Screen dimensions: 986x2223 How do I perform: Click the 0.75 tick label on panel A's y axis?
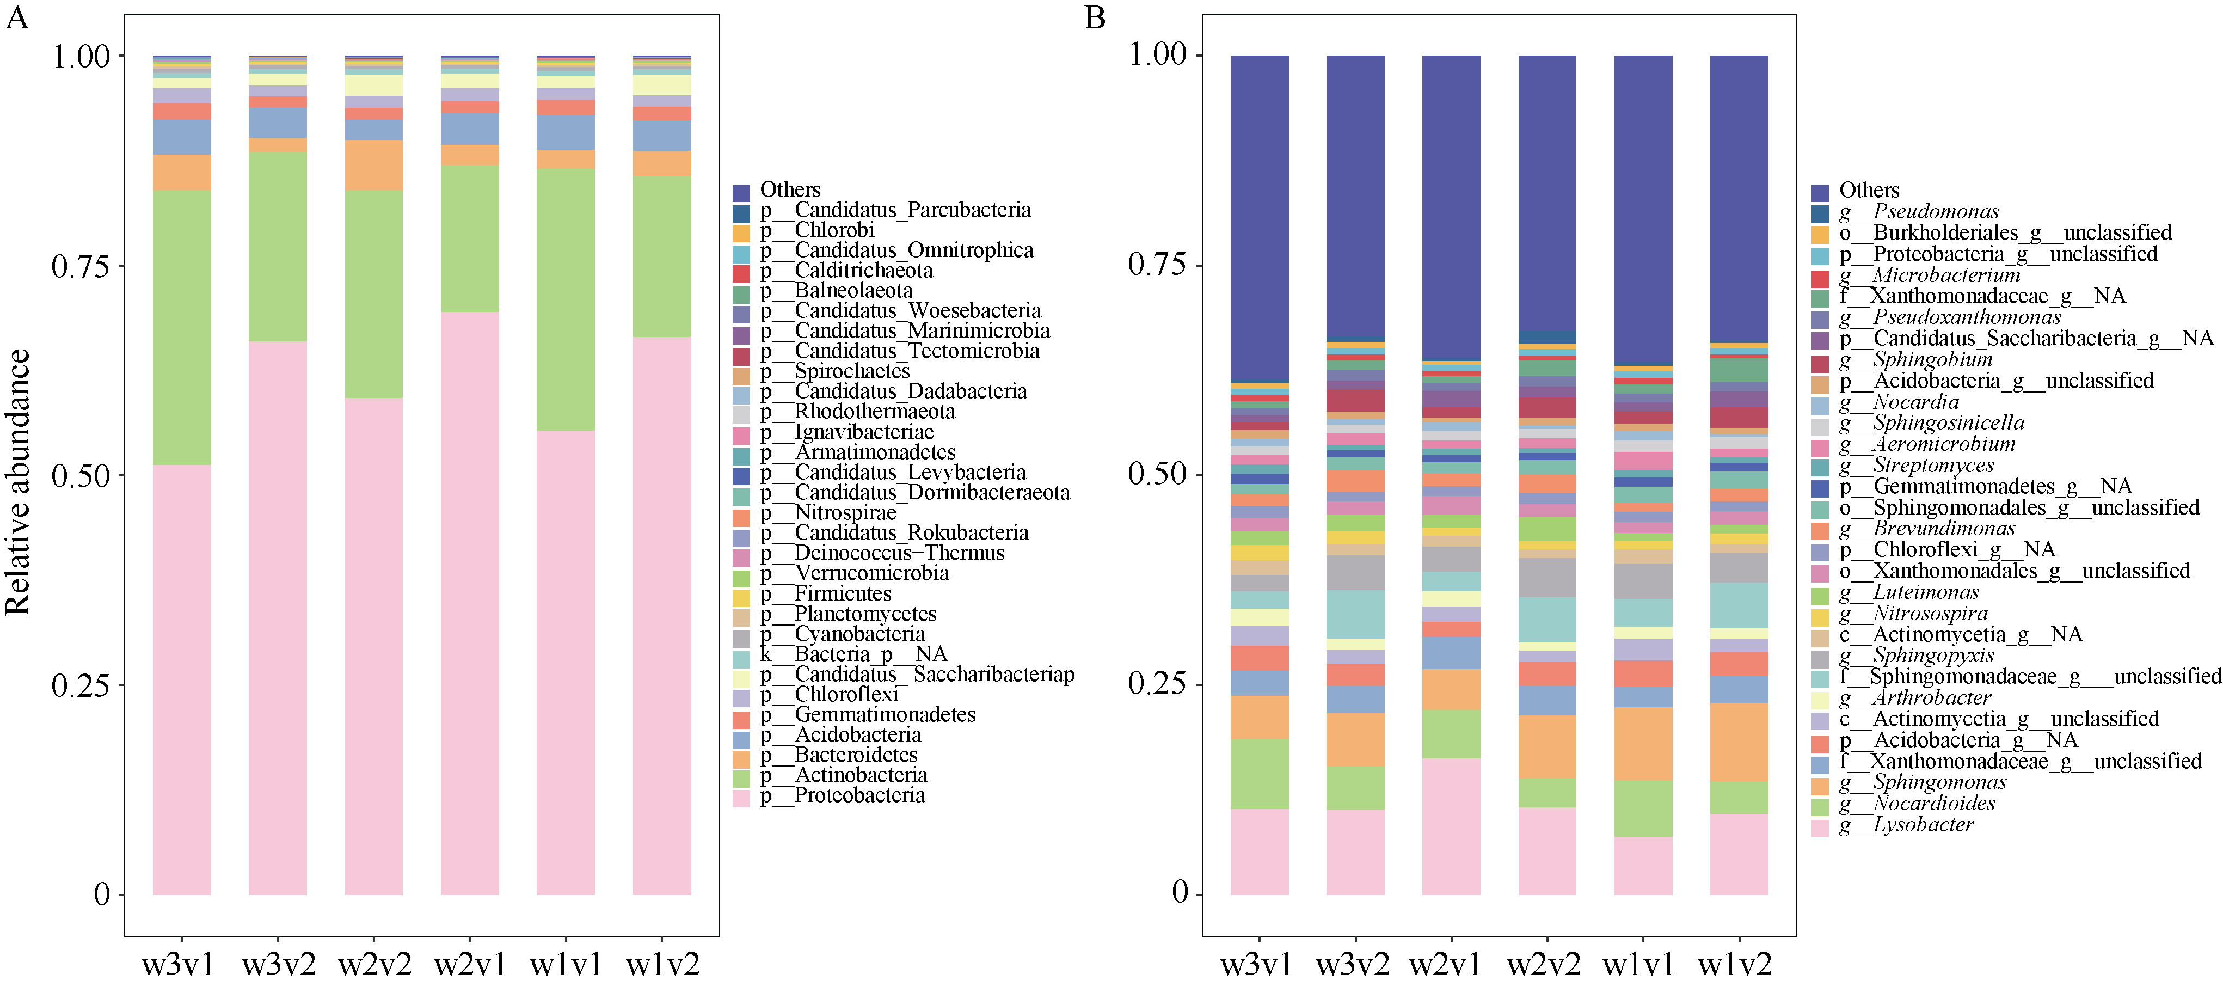(81, 266)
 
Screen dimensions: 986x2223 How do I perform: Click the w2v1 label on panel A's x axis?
(469, 964)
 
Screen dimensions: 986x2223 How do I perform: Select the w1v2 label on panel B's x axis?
(1735, 964)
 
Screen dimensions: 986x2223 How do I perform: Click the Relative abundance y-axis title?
(19, 482)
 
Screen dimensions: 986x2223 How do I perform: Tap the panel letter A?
(17, 17)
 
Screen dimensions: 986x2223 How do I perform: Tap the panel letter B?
(1094, 17)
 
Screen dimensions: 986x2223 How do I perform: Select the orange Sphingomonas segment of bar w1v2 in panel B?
(1739, 743)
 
